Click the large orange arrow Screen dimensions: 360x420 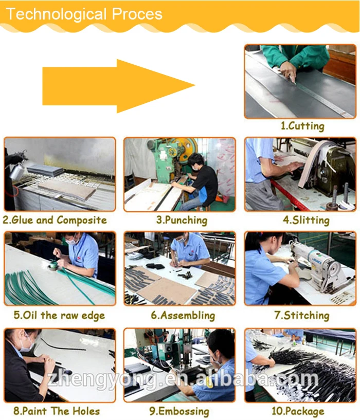pyautogui.click(x=118, y=86)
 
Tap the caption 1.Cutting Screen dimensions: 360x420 pyautogui.click(x=302, y=126)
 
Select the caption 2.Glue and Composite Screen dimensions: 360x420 pyautogui.click(x=55, y=220)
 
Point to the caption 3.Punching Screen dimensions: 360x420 pyautogui.click(x=182, y=220)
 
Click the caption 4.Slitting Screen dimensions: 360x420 pyautogui.click(x=306, y=220)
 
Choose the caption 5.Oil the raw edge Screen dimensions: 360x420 pyautogui.click(x=59, y=315)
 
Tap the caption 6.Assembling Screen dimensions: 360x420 pyautogui.click(x=183, y=315)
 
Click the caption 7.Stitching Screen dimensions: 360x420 pyautogui.click(x=301, y=315)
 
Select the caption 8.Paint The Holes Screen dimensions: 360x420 pyautogui.click(x=57, y=411)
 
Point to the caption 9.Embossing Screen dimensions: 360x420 pyautogui.click(x=179, y=411)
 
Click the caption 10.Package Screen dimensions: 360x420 pyautogui.click(x=298, y=411)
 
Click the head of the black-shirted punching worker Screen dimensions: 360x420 pyautogui.click(x=196, y=161)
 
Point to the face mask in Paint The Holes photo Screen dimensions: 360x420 pyautogui.click(x=27, y=344)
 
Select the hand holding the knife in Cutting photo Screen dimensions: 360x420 pyautogui.click(x=289, y=72)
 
